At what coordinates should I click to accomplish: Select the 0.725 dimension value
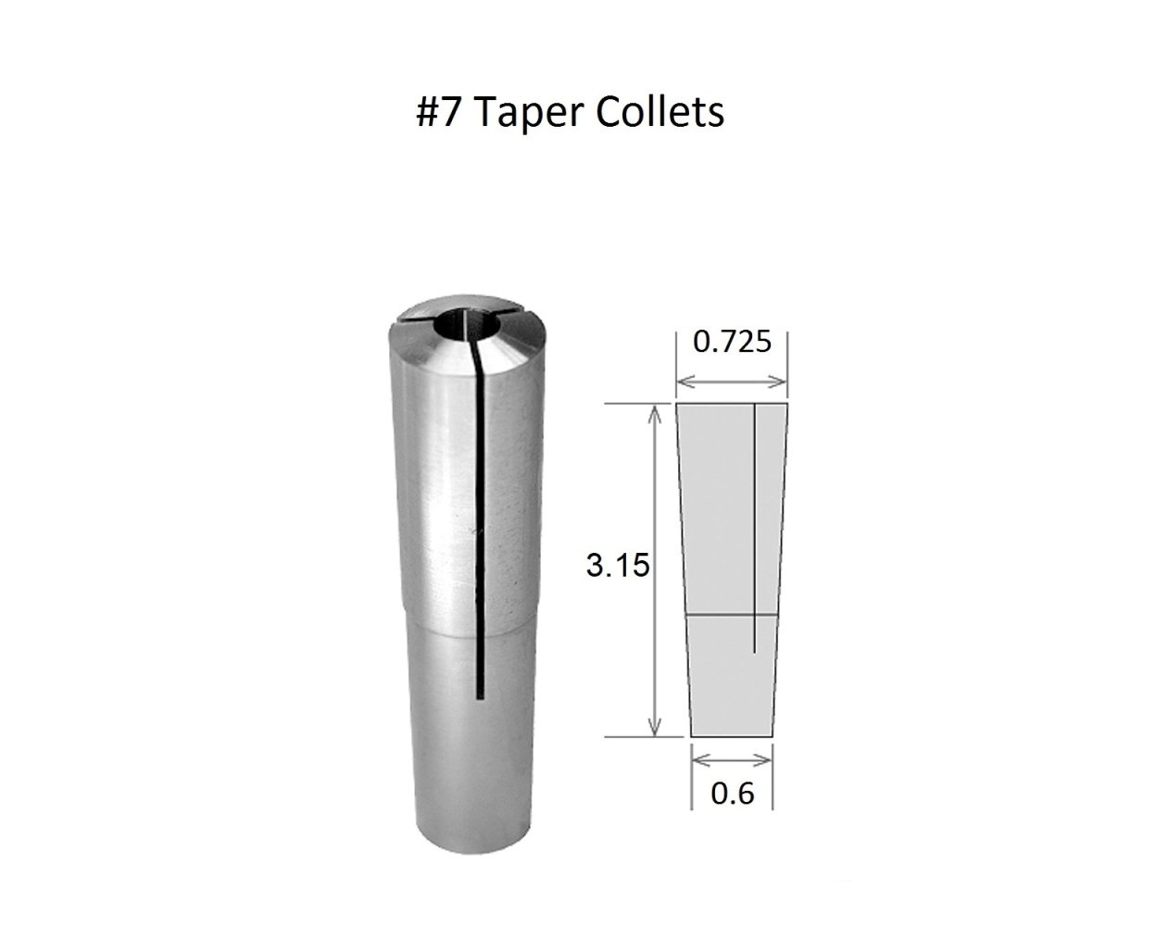(x=732, y=342)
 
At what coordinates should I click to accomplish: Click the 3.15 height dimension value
(x=616, y=566)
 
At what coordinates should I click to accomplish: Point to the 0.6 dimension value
(x=732, y=794)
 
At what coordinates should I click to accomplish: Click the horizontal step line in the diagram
(x=732, y=614)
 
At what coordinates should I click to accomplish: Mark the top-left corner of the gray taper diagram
(x=678, y=405)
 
